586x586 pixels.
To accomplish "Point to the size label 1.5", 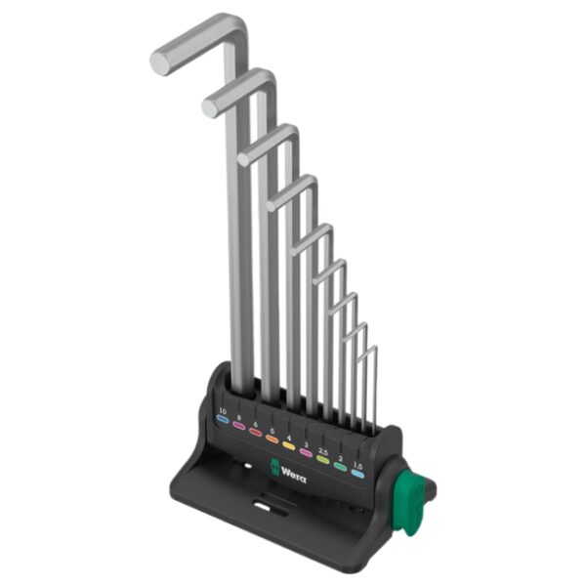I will coord(358,463).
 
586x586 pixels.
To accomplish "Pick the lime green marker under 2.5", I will coord(322,458).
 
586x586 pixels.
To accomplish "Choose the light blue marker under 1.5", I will coord(358,473).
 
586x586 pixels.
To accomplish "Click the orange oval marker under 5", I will coord(272,439).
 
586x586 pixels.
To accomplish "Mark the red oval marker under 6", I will coord(255,432).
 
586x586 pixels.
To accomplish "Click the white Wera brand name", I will coord(295,476).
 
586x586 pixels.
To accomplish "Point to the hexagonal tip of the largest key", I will coord(160,63).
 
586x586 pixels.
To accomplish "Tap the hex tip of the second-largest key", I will coord(212,106).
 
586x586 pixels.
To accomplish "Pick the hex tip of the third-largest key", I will coord(245,154).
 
